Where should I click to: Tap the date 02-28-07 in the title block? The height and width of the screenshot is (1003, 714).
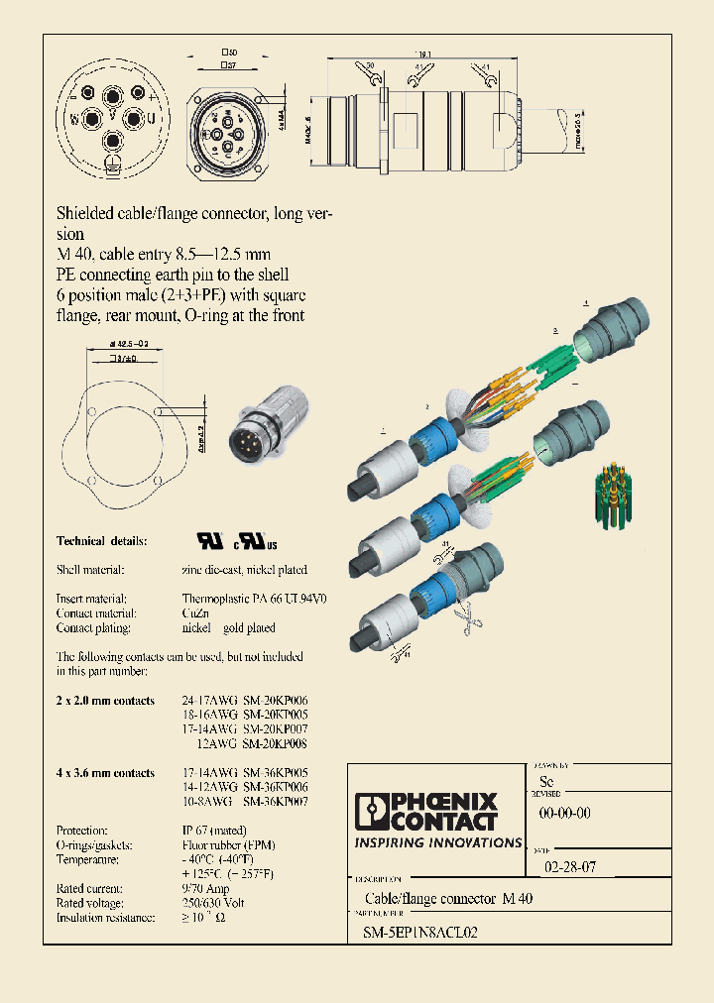pyautogui.click(x=569, y=866)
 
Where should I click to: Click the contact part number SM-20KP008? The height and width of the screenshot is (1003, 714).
pyautogui.click(x=275, y=742)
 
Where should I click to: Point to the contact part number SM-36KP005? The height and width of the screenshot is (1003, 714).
pyautogui.click(x=275, y=772)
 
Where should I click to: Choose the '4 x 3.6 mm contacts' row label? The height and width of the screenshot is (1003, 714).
pyautogui.click(x=105, y=772)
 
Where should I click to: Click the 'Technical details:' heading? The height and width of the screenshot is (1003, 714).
pyautogui.click(x=102, y=541)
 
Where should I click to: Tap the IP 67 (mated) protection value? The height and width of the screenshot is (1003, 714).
pyautogui.click(x=213, y=830)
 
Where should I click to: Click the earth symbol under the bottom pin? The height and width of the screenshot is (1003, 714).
pyautogui.click(x=112, y=167)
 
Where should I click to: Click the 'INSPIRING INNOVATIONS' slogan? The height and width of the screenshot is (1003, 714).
pyautogui.click(x=437, y=842)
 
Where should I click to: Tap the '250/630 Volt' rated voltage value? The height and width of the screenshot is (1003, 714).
pyautogui.click(x=213, y=903)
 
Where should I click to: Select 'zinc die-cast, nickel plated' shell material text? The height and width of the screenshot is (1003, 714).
pyautogui.click(x=244, y=570)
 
